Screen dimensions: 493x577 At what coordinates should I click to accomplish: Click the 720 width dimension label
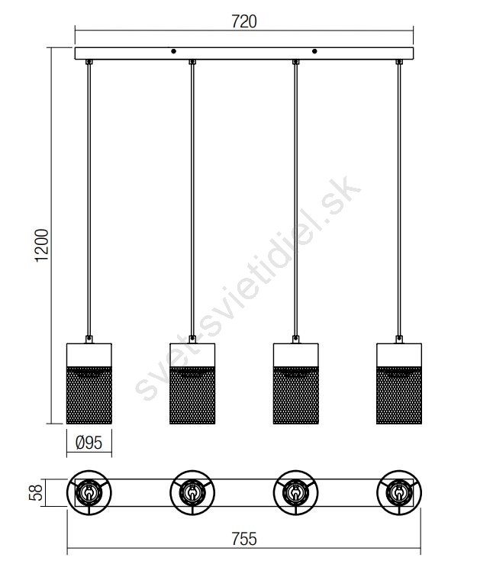(x=244, y=21)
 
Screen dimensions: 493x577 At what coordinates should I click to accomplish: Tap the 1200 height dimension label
(x=42, y=245)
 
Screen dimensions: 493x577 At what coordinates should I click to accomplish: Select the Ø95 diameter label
(x=89, y=443)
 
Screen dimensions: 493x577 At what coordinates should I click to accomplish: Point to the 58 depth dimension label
(x=36, y=492)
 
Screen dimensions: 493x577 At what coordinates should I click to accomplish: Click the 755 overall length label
(x=244, y=539)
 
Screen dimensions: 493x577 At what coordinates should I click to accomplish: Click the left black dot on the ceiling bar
(x=173, y=51)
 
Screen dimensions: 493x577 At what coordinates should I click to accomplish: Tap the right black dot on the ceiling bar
(x=314, y=51)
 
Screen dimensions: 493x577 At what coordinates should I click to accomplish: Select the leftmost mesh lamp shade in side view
(x=89, y=383)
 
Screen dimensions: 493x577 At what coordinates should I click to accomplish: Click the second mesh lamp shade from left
(x=192, y=383)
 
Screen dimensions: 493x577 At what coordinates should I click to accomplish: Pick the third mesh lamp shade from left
(x=296, y=383)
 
